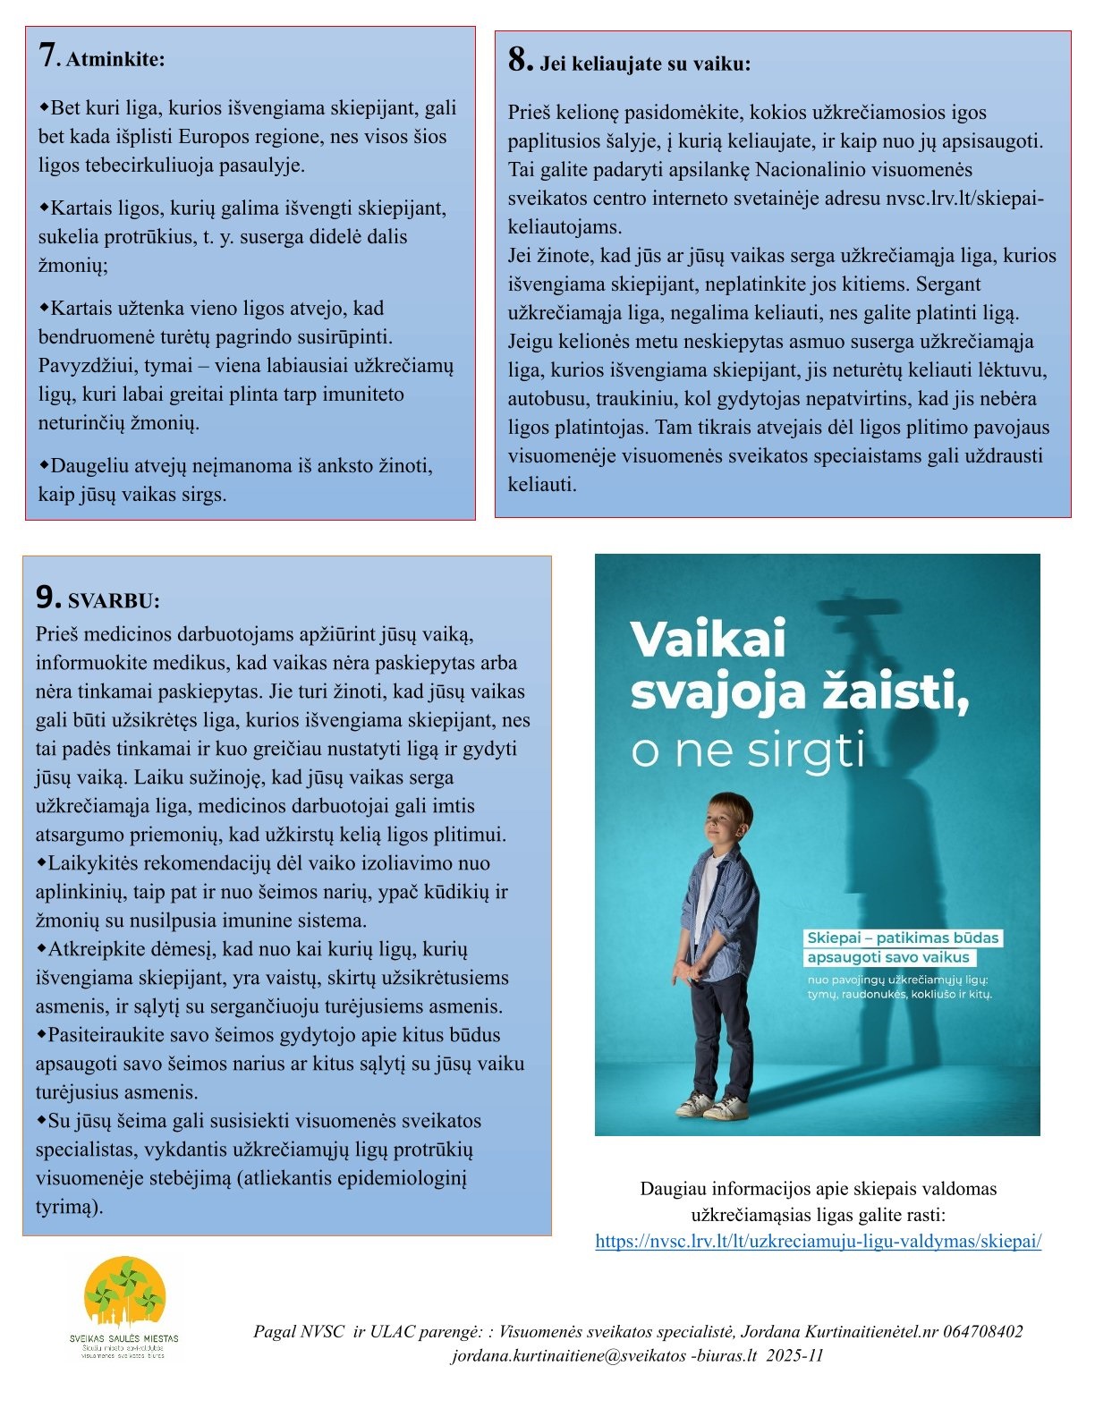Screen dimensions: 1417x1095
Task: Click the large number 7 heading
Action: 48,55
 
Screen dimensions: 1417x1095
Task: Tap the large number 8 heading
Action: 520,60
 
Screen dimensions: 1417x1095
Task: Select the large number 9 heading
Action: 47,597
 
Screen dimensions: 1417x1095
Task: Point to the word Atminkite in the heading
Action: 115,60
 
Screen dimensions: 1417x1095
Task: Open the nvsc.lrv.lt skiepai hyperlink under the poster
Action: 818,1241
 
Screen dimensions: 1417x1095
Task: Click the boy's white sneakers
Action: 711,1107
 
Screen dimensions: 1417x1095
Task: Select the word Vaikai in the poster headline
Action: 709,639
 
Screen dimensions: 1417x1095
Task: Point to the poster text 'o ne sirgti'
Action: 748,750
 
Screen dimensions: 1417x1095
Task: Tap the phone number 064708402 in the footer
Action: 979,1331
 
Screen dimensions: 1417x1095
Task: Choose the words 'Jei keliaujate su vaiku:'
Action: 644,64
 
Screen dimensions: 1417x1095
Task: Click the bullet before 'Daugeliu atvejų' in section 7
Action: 43,465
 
